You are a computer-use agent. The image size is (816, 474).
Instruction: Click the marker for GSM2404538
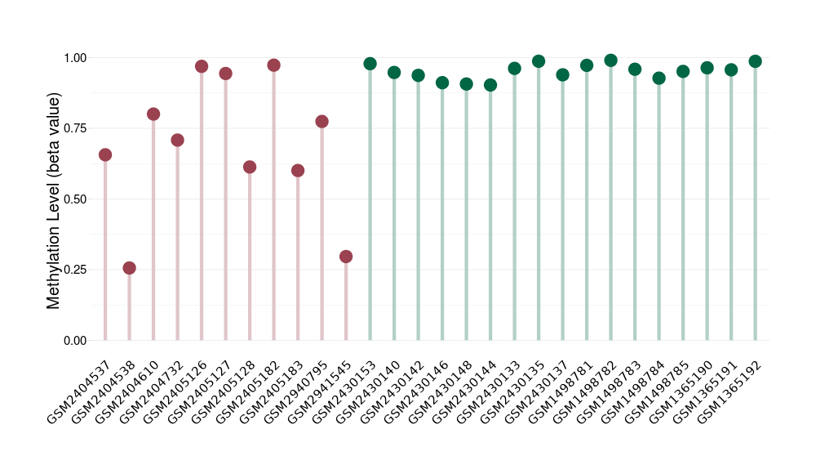(x=129, y=268)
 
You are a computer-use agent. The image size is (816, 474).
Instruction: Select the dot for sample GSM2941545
(x=346, y=257)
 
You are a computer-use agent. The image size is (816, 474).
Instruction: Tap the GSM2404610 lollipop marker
(x=153, y=114)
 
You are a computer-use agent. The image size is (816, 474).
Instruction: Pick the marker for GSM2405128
(x=250, y=167)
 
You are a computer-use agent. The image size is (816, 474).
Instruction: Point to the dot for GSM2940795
(x=322, y=122)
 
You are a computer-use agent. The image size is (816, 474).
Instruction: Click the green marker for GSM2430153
(x=370, y=64)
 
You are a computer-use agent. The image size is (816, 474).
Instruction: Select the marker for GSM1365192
(x=755, y=61)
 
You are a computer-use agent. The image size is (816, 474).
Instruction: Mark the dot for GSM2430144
(x=490, y=85)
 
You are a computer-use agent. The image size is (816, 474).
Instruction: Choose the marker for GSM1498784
(x=659, y=78)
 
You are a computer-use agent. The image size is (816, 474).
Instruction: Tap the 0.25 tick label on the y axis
(x=74, y=270)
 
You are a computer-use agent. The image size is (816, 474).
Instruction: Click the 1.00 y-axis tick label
(x=74, y=58)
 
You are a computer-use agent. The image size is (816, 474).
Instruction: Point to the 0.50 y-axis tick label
(x=74, y=199)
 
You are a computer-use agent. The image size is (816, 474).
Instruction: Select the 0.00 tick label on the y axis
(x=74, y=341)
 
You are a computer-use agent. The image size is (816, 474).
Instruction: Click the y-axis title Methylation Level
(x=54, y=199)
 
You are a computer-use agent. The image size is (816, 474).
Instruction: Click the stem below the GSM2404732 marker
(x=177, y=245)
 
